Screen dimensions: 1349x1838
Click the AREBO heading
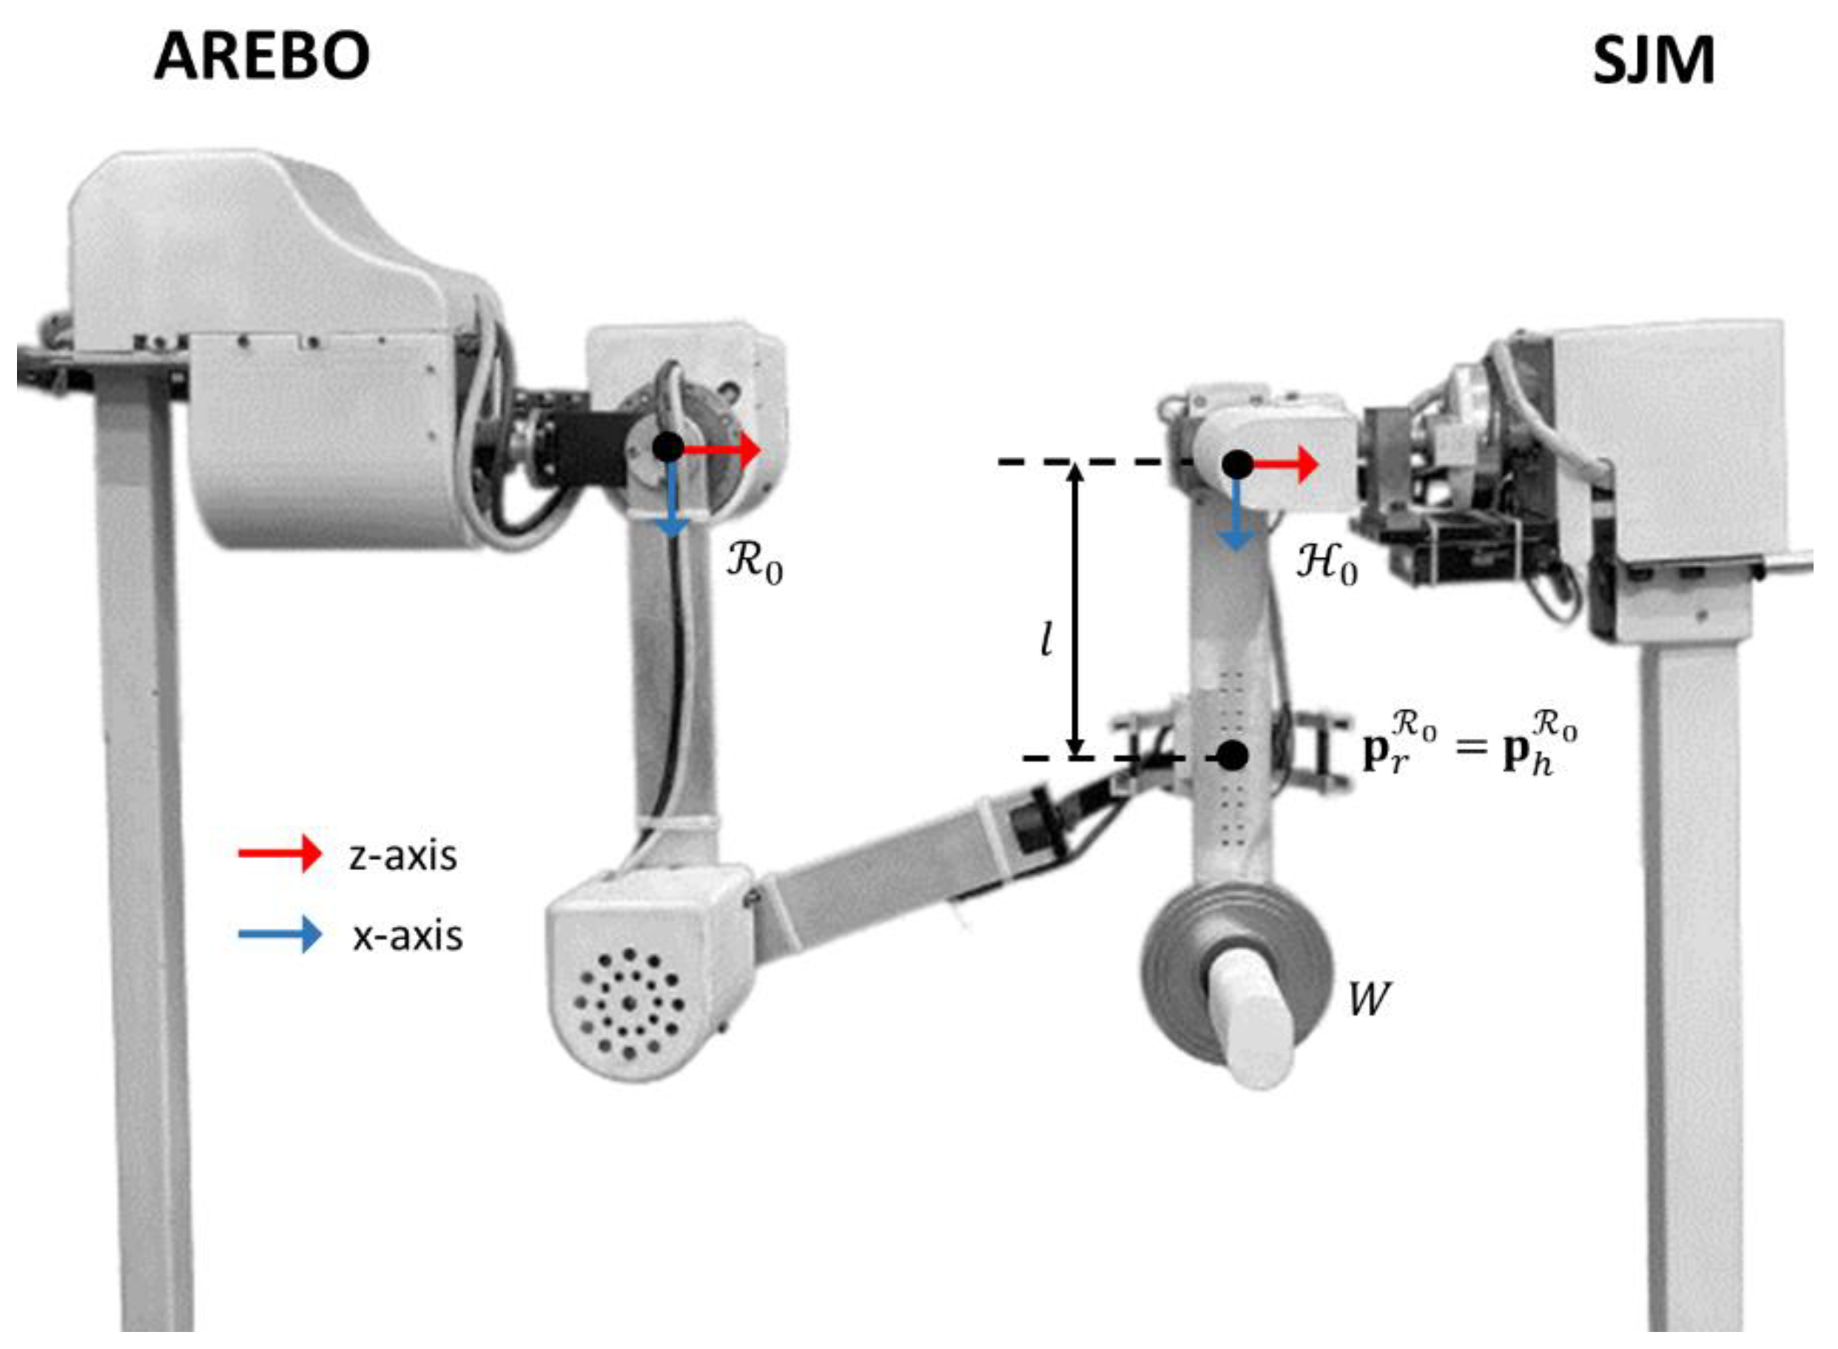pos(261,56)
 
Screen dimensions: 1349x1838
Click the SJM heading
pos(1653,61)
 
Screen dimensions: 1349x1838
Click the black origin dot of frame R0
pos(668,447)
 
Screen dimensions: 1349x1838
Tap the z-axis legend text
pos(403,856)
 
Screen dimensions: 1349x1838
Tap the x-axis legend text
pos(407,936)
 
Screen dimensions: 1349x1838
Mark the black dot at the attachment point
pos(1233,755)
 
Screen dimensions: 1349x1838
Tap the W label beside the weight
pos(1368,998)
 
